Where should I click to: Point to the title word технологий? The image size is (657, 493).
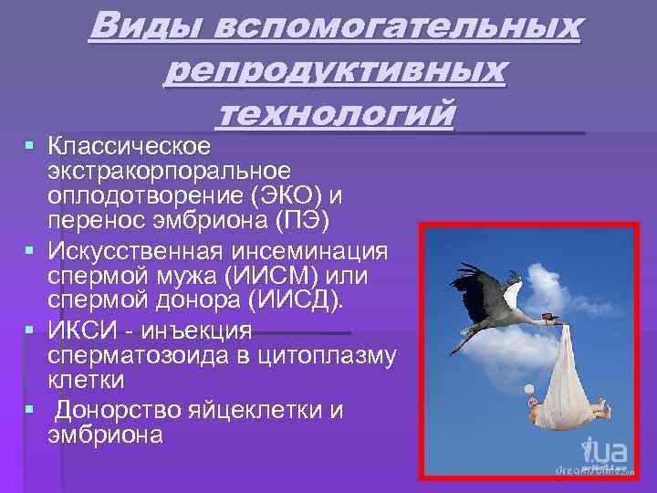[x=335, y=114]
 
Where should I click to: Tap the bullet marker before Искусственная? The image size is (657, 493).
[x=31, y=249]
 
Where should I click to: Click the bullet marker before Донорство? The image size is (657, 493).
[x=31, y=409]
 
